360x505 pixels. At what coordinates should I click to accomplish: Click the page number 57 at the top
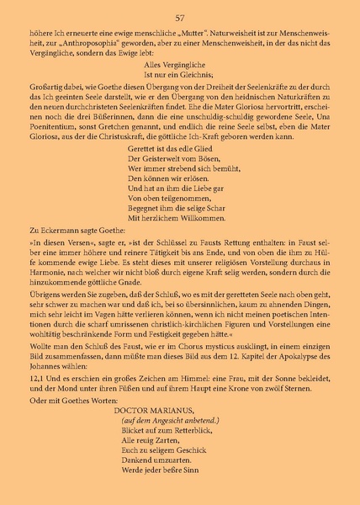tap(179, 18)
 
